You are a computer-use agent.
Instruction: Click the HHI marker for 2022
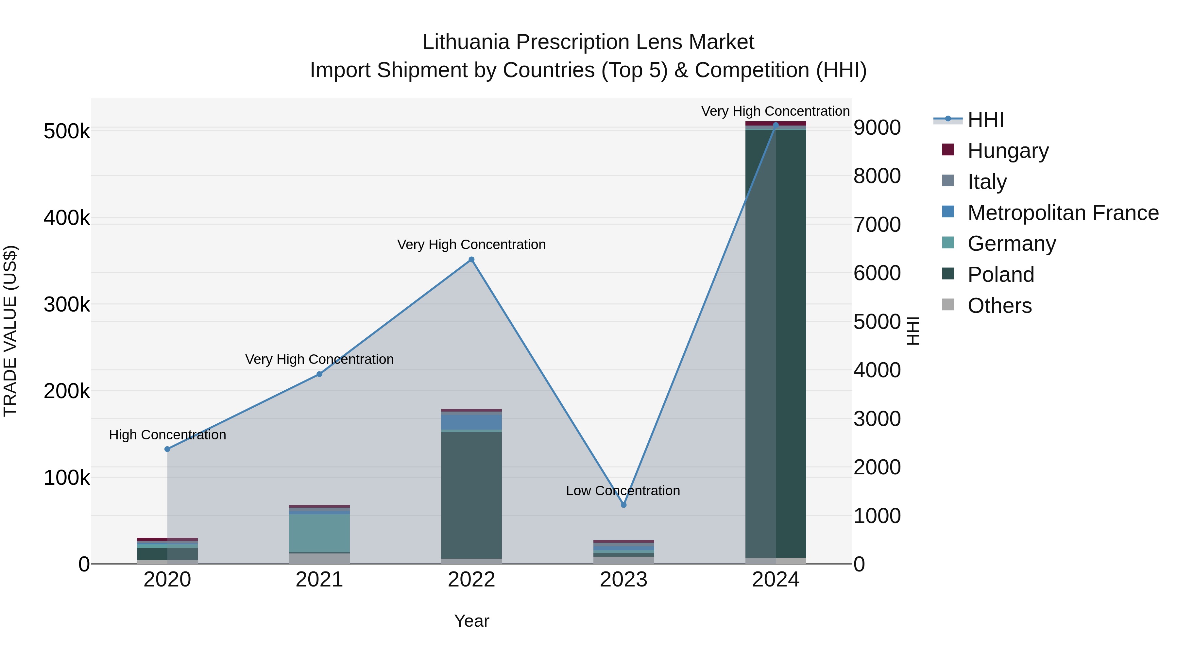pos(471,260)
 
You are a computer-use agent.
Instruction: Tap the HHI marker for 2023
pos(624,505)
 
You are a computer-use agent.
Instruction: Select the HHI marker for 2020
pos(167,449)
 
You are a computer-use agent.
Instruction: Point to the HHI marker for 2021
pos(319,374)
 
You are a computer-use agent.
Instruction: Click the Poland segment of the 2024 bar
pos(776,343)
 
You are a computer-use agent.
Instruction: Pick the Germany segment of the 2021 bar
pos(319,533)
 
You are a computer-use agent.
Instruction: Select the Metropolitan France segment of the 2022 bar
pos(471,421)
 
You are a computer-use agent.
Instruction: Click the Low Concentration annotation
pos(623,491)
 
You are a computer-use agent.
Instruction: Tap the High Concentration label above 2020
pos(167,434)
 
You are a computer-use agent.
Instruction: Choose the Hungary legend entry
pos(1008,150)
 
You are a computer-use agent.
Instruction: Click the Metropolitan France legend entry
pos(1063,212)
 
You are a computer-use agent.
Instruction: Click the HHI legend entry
pos(985,120)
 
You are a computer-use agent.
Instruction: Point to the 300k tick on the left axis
pos(67,304)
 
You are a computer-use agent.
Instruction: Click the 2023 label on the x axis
pos(624,580)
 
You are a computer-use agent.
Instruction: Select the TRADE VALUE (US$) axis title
pos(10,331)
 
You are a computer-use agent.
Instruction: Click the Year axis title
pos(471,621)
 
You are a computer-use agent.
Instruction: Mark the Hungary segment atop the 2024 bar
pos(776,123)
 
